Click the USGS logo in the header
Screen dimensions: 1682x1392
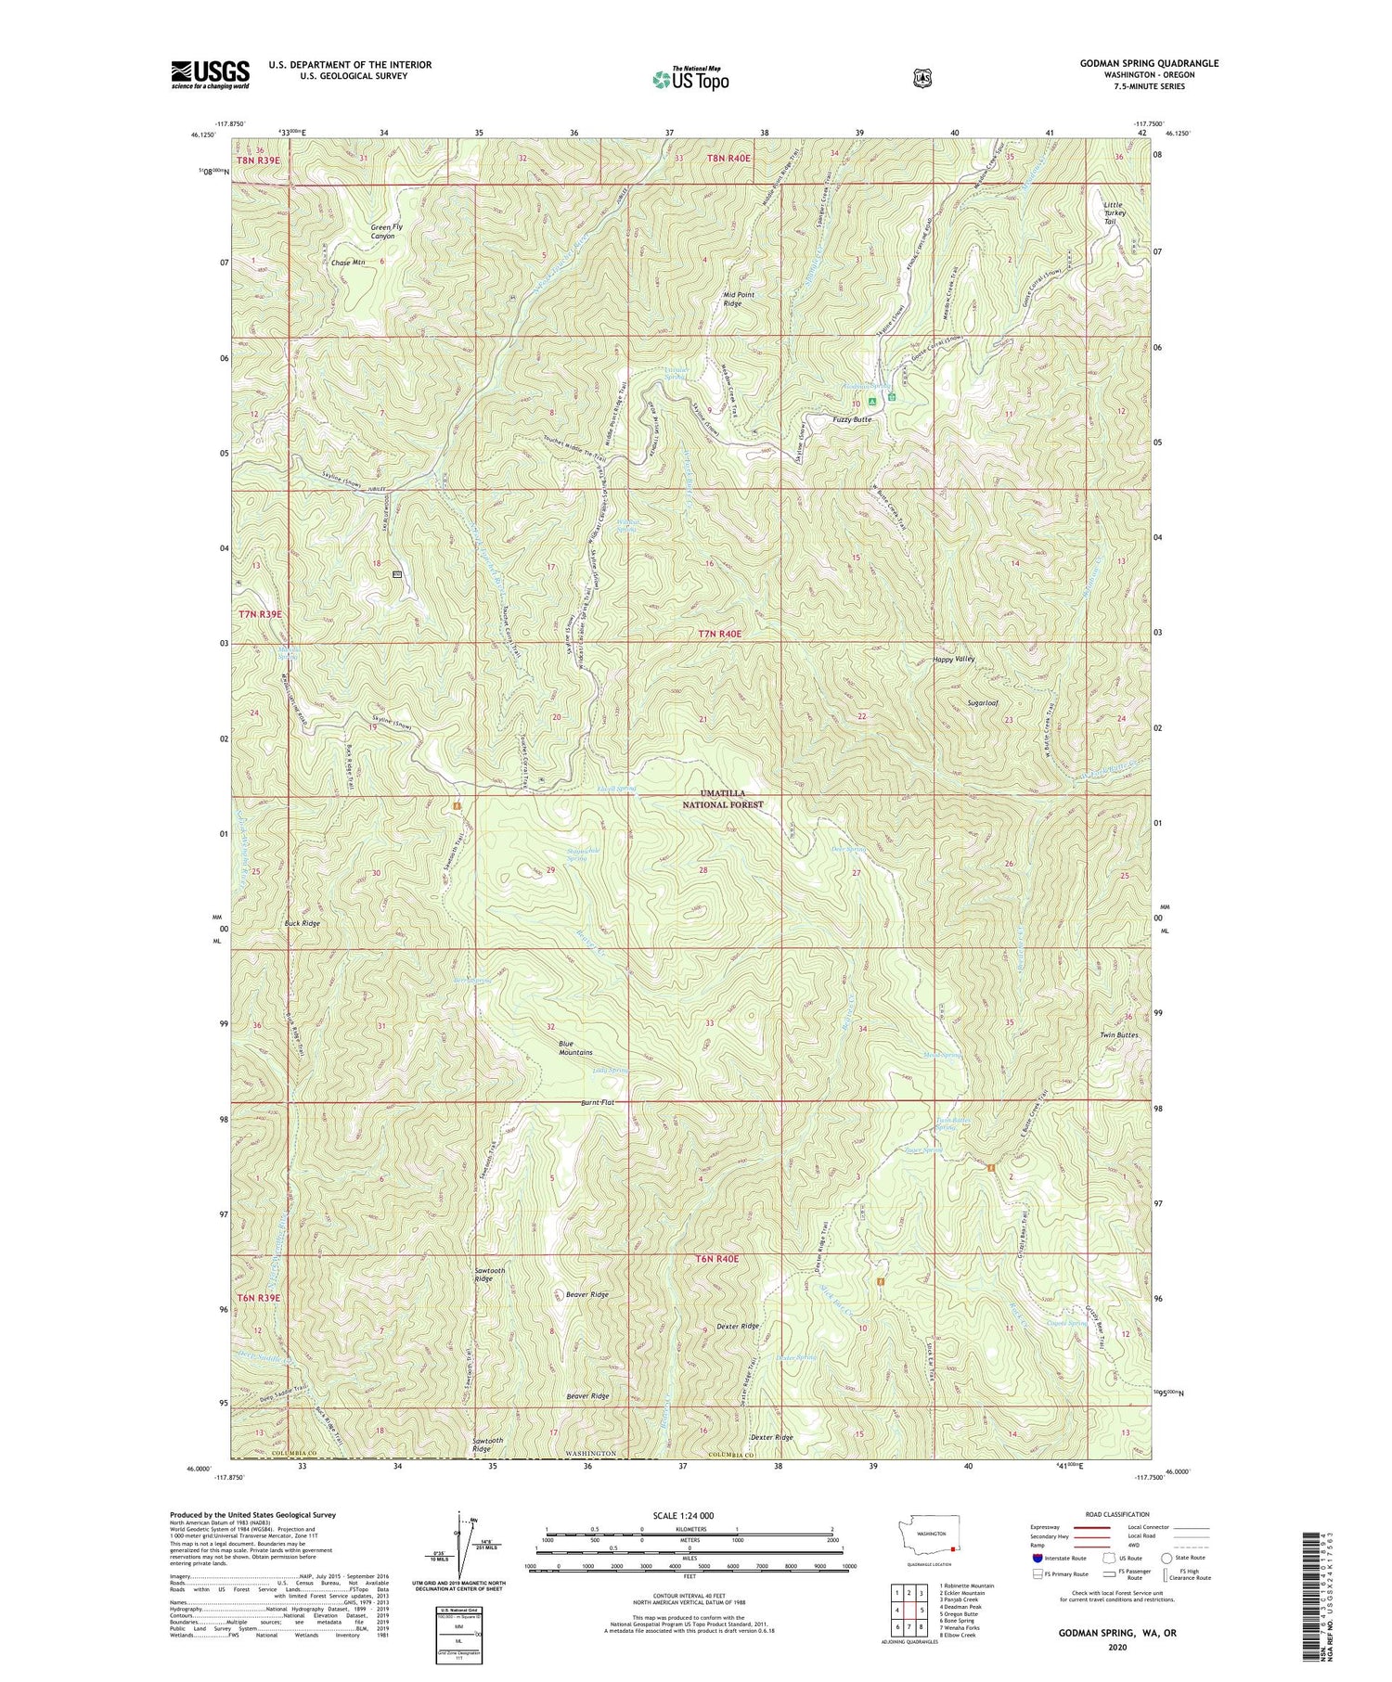[x=210, y=74]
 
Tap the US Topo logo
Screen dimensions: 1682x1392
[x=690, y=79]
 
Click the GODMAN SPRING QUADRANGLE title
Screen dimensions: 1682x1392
[x=1149, y=64]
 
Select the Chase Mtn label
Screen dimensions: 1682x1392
[x=348, y=263]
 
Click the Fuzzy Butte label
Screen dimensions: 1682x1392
[x=851, y=419]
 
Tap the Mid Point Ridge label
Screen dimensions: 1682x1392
[x=739, y=299]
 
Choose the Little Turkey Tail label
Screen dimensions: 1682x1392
[x=1114, y=212]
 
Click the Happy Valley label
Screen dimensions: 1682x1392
[x=953, y=659]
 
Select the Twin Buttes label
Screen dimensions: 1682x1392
[x=1118, y=1034]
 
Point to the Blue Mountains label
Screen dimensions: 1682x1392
[x=575, y=1047]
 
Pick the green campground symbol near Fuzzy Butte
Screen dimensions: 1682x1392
[x=871, y=401]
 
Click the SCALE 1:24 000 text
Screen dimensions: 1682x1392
[x=683, y=1515]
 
